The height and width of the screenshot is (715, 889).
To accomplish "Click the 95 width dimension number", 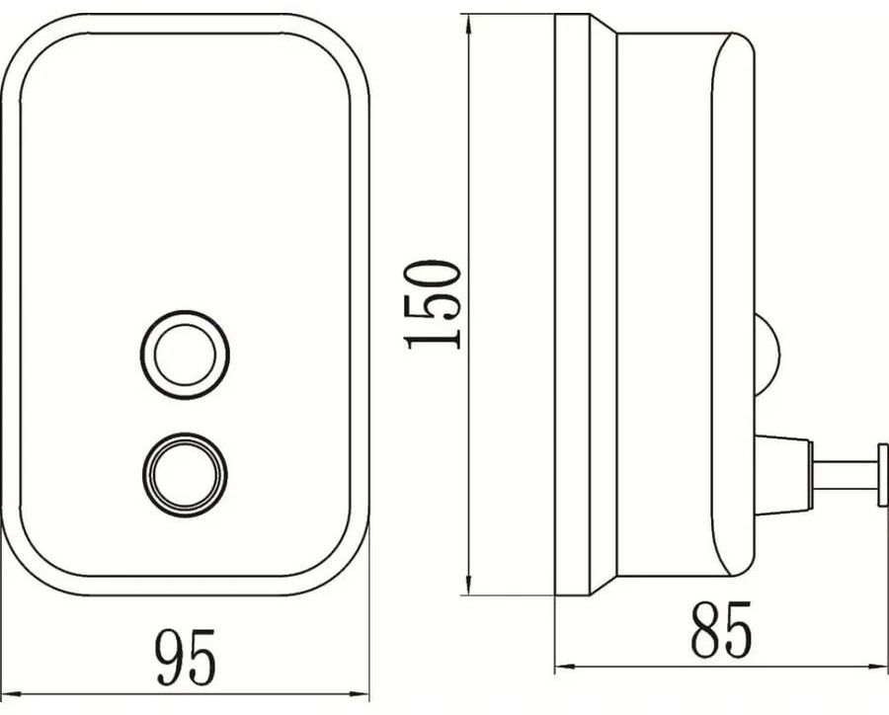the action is (x=187, y=657).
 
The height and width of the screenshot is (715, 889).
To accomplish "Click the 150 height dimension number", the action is (x=433, y=304).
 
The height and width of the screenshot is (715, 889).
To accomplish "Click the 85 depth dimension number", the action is (x=721, y=629).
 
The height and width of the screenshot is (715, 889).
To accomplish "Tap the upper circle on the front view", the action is (x=185, y=355).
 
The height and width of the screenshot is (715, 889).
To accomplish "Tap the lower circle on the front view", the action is (x=185, y=475).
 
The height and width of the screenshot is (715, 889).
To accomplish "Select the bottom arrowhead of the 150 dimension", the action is (x=468, y=583).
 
